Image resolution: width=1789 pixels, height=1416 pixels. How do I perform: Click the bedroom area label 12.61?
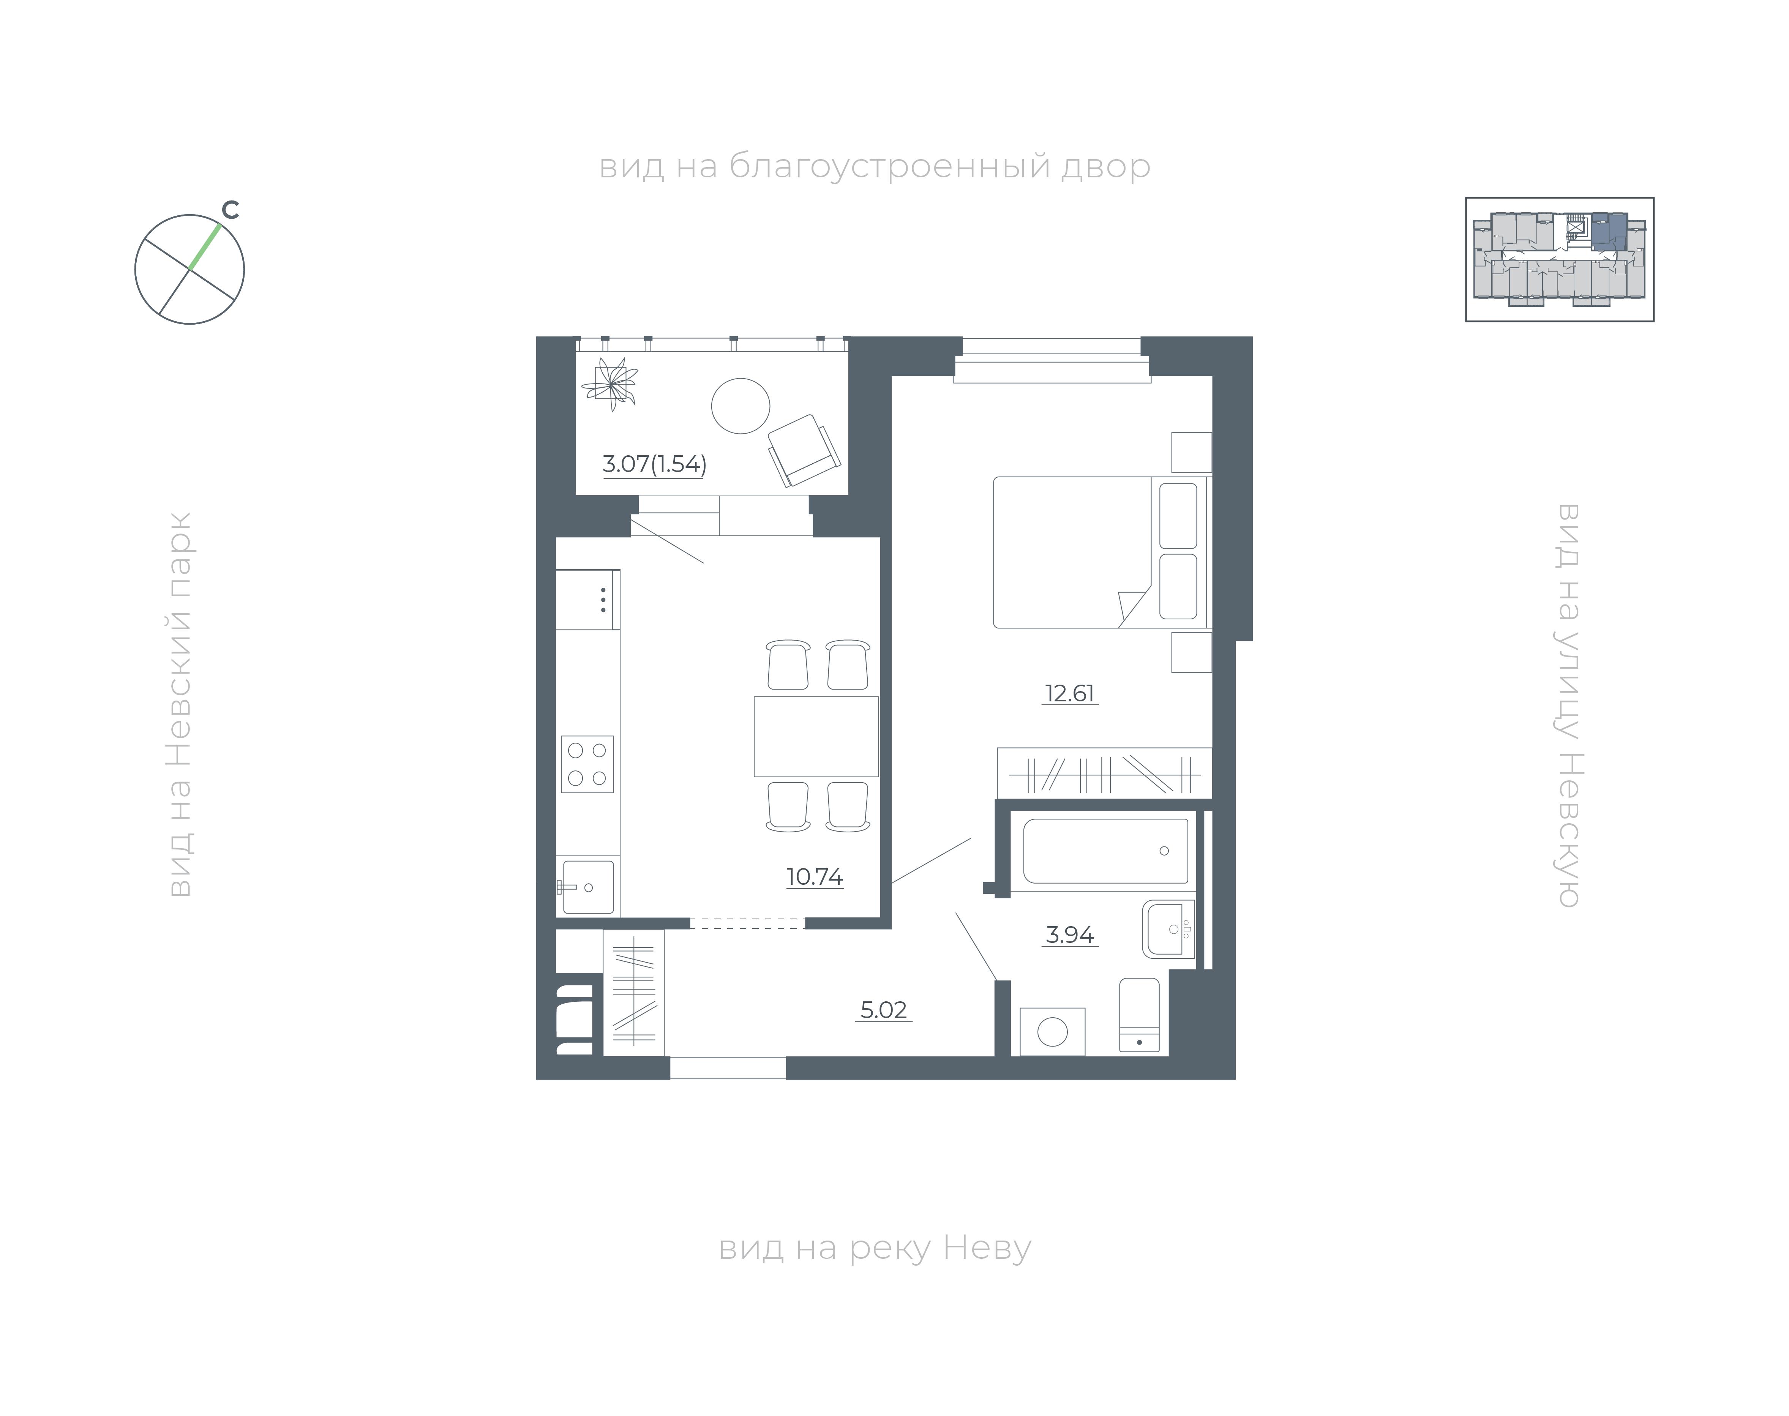click(1069, 693)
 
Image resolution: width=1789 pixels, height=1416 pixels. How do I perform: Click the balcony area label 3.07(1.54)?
click(654, 463)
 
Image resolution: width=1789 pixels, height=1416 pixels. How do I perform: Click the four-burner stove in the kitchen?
click(587, 764)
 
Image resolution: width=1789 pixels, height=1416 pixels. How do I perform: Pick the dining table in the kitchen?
click(816, 736)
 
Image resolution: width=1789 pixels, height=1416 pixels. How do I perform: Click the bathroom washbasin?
click(1169, 928)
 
